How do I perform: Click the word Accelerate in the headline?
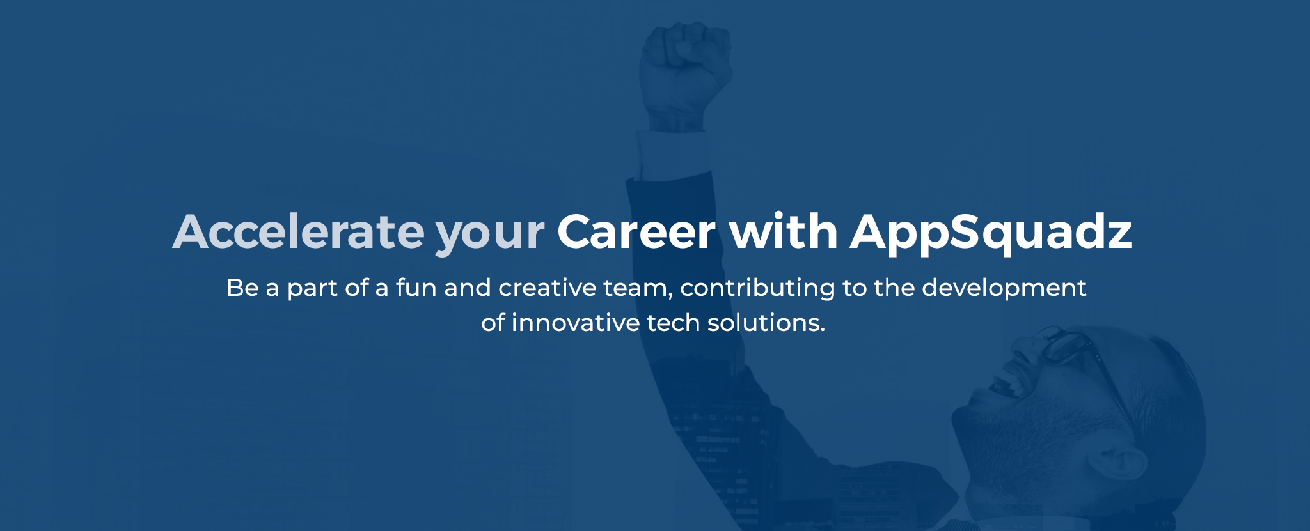click(x=298, y=231)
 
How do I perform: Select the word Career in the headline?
click(x=636, y=231)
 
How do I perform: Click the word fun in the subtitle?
click(x=416, y=288)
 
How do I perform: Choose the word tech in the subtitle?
click(x=673, y=323)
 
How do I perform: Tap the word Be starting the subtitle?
click(x=242, y=288)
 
